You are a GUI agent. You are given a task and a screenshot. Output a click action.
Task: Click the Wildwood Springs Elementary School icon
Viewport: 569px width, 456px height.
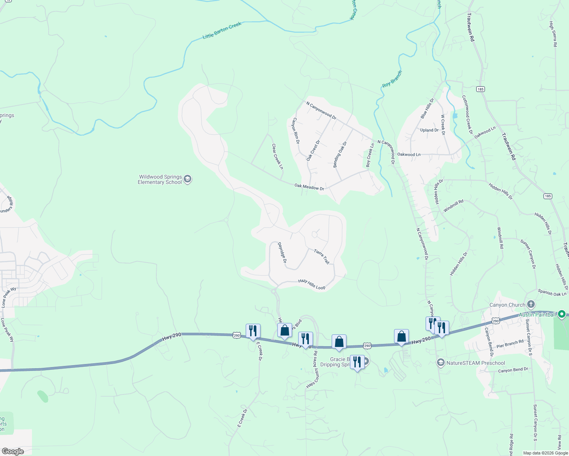coord(187,179)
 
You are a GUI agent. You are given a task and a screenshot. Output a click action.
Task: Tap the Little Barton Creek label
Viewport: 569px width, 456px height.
coord(222,30)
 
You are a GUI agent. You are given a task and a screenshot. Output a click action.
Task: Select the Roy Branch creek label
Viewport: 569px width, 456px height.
coord(392,79)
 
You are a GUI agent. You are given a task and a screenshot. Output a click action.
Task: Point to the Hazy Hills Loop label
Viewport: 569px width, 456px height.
coord(312,284)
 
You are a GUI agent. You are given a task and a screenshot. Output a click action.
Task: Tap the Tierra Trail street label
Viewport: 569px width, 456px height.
coord(322,256)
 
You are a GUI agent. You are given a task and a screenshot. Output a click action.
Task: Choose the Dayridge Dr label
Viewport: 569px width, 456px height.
coord(282,253)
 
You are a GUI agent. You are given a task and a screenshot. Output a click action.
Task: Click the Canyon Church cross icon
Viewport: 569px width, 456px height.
coord(531,304)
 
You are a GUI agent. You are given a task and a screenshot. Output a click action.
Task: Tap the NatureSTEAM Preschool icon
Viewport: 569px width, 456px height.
coord(440,363)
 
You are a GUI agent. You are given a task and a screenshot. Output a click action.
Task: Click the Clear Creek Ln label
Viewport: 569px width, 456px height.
coord(278,156)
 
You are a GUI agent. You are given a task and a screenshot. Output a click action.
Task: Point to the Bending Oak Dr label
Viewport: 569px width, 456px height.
coord(340,154)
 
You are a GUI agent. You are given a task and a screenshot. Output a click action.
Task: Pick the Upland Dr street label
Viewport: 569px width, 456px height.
coord(429,130)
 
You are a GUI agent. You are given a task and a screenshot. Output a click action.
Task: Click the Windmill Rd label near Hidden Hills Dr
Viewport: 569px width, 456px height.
coord(453,206)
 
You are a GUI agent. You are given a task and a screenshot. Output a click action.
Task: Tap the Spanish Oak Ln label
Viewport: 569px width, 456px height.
coord(552,293)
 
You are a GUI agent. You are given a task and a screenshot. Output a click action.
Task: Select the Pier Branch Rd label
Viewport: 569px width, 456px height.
coord(510,344)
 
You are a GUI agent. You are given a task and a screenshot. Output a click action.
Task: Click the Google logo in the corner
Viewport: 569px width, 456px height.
coord(13,451)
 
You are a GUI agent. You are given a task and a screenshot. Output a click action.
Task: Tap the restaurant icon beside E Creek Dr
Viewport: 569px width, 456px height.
coord(253,331)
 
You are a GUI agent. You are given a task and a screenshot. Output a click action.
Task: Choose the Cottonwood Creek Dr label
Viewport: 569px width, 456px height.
coord(467,114)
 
